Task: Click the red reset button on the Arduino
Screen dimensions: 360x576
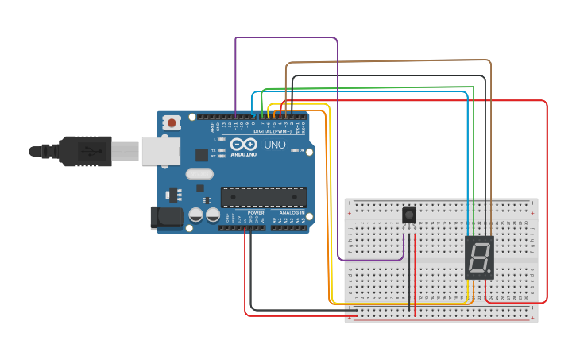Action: point(172,122)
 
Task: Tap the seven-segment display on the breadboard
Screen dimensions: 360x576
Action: point(479,257)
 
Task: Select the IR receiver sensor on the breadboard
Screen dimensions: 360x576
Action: point(409,215)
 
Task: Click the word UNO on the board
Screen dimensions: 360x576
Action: point(274,145)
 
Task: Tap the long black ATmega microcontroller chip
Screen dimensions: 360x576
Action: point(263,195)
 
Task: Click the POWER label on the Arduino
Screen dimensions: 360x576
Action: point(256,213)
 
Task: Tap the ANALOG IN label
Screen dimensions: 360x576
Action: point(291,213)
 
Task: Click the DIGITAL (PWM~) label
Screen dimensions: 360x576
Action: point(269,130)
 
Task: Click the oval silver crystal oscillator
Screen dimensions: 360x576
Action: point(200,174)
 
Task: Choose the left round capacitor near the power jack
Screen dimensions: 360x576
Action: point(195,215)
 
